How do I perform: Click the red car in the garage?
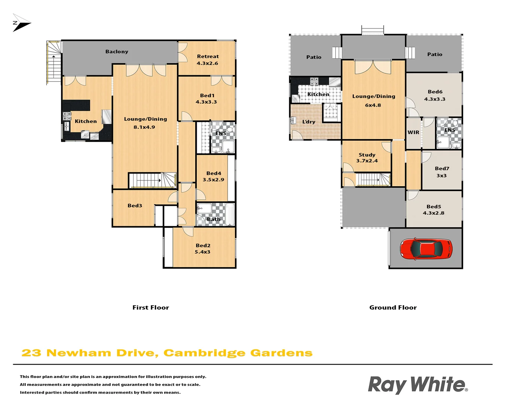click(x=426, y=248)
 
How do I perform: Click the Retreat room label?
click(x=208, y=56)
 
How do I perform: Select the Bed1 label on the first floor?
click(x=207, y=95)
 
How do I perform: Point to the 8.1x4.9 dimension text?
click(x=144, y=127)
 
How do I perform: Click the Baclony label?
click(x=117, y=52)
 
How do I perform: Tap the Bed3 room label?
click(x=135, y=205)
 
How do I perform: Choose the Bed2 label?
click(x=203, y=245)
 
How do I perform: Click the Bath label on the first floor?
click(x=214, y=219)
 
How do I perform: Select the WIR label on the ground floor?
click(x=413, y=132)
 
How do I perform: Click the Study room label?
click(x=367, y=155)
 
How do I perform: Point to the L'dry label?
click(x=309, y=122)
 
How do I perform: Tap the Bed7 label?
click(x=442, y=169)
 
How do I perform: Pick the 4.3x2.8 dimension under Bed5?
click(x=434, y=213)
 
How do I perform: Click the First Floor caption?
click(x=151, y=307)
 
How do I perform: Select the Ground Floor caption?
click(x=393, y=307)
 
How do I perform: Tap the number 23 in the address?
click(x=31, y=353)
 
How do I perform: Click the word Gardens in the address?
click(x=281, y=353)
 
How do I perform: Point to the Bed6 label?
click(x=435, y=92)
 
